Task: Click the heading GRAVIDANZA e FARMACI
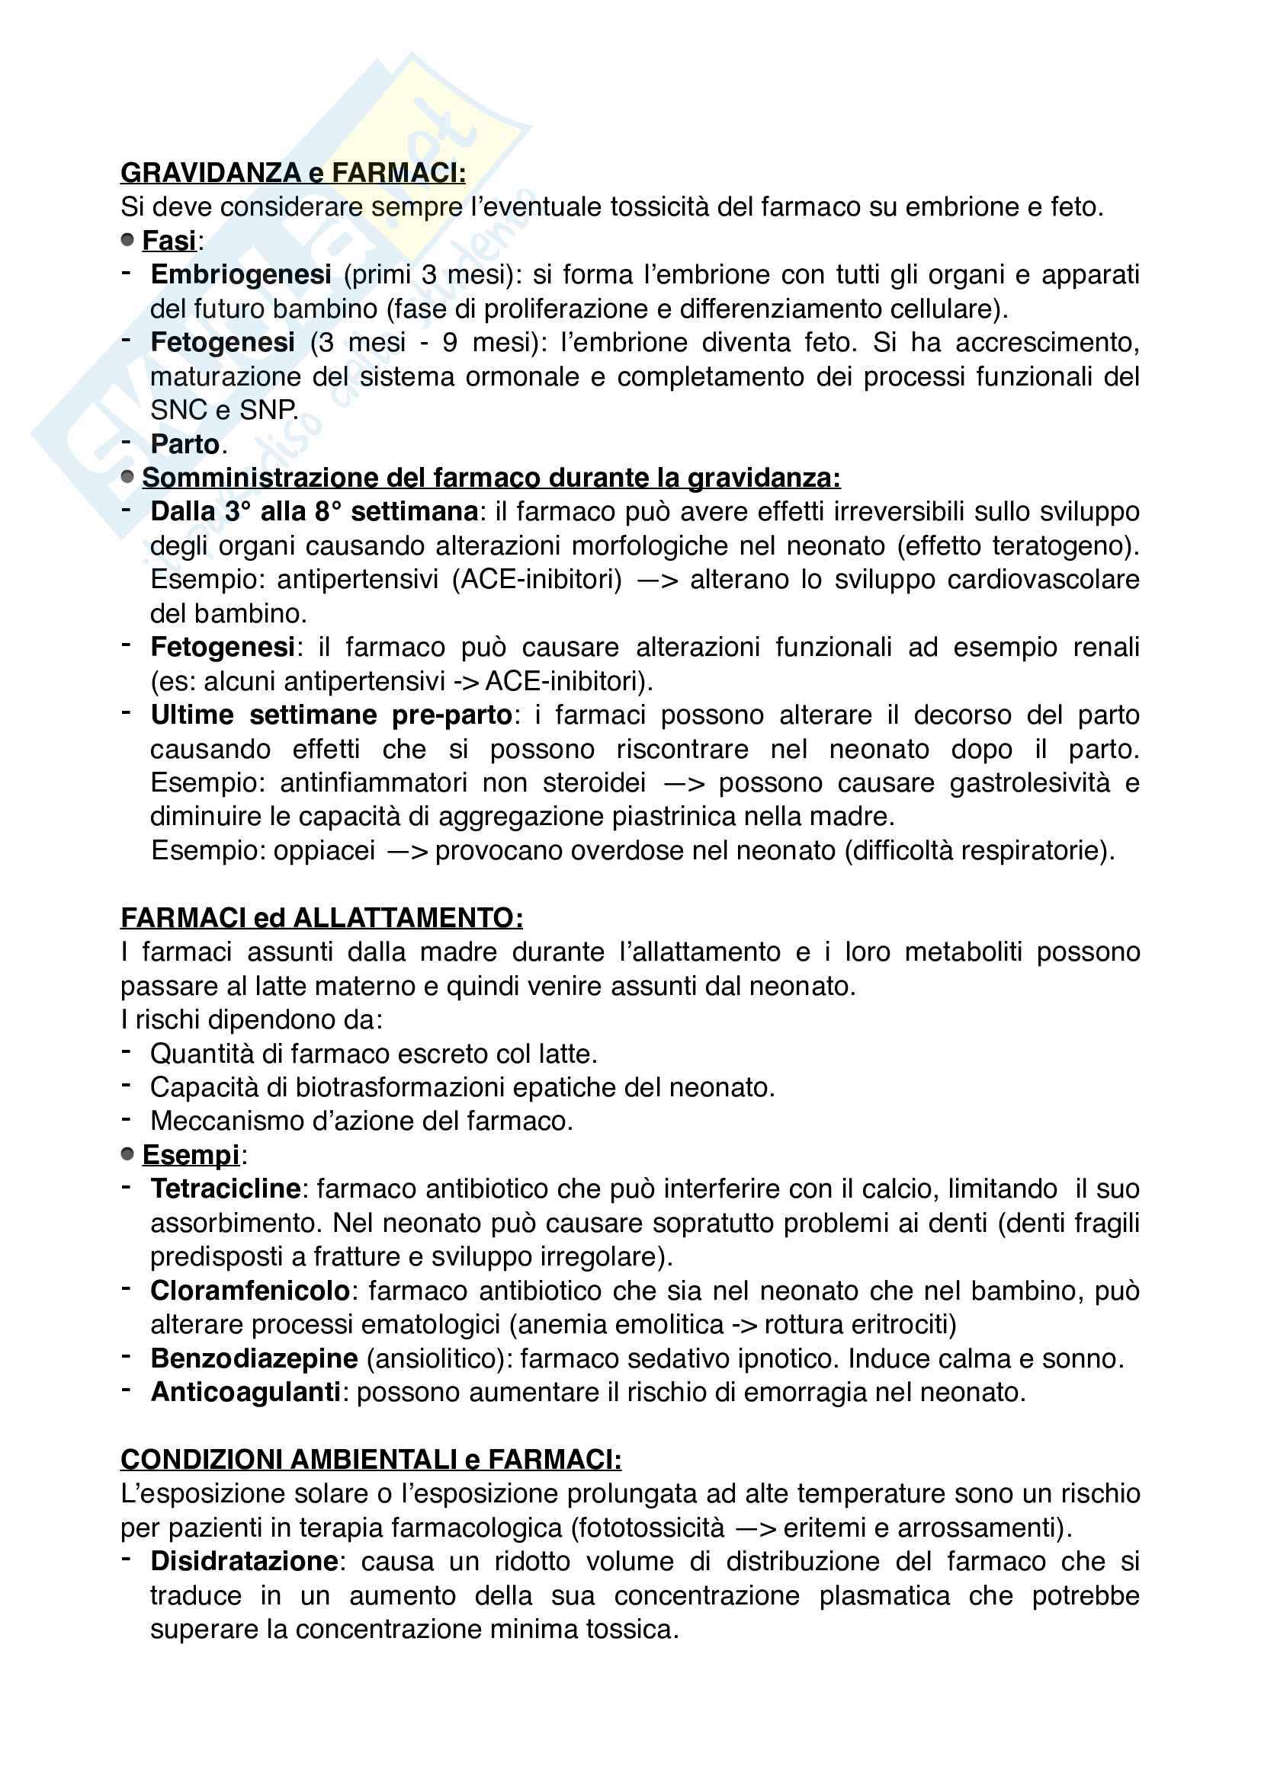click(293, 172)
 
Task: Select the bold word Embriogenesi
click(241, 275)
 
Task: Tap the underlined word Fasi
click(168, 241)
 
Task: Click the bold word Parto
click(184, 444)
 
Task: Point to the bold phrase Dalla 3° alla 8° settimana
click(313, 511)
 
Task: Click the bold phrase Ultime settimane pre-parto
click(331, 715)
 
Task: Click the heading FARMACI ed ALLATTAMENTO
click(322, 918)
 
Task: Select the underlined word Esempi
click(191, 1155)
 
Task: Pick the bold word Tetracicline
click(225, 1189)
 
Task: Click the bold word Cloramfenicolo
click(250, 1291)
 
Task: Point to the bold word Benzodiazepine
click(254, 1358)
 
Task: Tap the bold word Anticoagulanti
click(245, 1393)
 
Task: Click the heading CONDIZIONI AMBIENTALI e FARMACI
click(371, 1460)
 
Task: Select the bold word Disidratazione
click(244, 1562)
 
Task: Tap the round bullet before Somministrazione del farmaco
click(128, 478)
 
